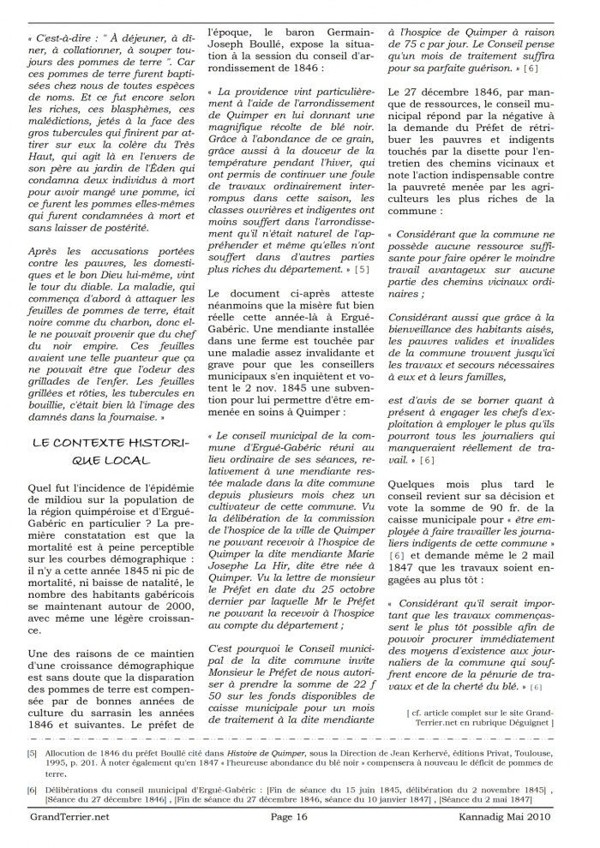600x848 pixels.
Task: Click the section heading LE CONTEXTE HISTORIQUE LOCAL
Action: (108, 451)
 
